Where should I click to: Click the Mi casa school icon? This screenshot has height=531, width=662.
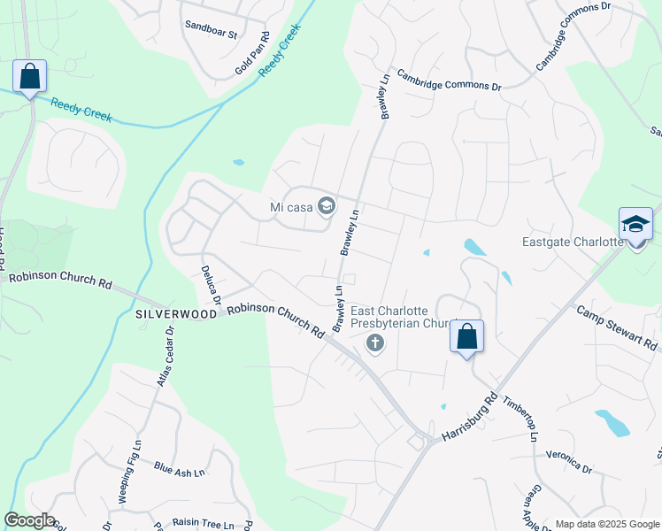click(326, 207)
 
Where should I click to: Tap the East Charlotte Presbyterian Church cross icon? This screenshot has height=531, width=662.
click(375, 343)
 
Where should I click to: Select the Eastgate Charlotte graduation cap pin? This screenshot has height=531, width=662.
click(635, 225)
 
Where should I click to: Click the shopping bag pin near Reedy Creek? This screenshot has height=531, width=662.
click(29, 77)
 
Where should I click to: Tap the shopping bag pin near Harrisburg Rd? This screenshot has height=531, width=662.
click(466, 337)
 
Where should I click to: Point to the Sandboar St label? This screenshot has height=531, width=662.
click(212, 35)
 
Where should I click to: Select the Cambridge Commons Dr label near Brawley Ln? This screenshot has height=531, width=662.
click(449, 81)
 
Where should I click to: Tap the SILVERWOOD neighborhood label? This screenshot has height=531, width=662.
click(176, 314)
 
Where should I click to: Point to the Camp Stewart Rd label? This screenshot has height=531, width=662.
click(619, 327)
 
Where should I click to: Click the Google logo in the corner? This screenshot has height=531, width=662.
click(29, 520)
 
